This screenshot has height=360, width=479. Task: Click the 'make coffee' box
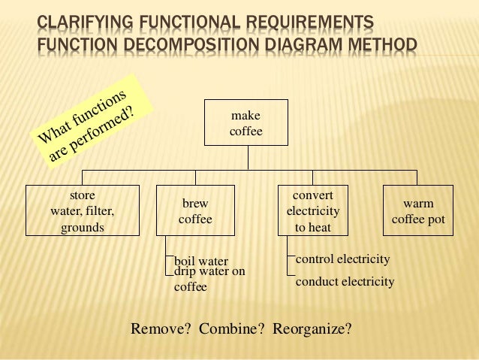[246, 123]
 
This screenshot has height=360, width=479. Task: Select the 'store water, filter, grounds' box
[82, 211]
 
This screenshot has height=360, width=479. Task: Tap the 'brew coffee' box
[195, 211]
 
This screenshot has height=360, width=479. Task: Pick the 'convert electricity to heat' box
[313, 211]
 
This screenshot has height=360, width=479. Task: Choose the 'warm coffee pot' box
[418, 211]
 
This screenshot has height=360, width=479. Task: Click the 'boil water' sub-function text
[201, 262]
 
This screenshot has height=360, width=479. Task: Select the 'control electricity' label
[343, 259]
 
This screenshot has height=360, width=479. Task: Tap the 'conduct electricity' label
[345, 282]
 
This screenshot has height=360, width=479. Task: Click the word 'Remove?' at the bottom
[161, 328]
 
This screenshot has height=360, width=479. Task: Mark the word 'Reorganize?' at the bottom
[312, 328]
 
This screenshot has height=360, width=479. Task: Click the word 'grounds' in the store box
[82, 227]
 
